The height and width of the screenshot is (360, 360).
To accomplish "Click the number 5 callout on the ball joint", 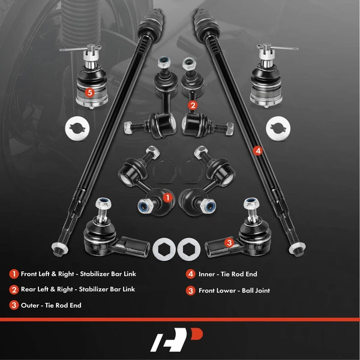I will coord(89,93).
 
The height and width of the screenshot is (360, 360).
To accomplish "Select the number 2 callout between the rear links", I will coord(192,105).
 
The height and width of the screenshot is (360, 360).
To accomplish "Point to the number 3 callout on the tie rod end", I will coord(229,242).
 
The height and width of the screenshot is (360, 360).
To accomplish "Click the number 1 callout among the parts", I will coord(168,196).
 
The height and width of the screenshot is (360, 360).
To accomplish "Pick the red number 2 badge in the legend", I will coord(13,289).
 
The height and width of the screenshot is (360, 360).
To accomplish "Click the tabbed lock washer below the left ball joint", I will coord(77,128).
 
